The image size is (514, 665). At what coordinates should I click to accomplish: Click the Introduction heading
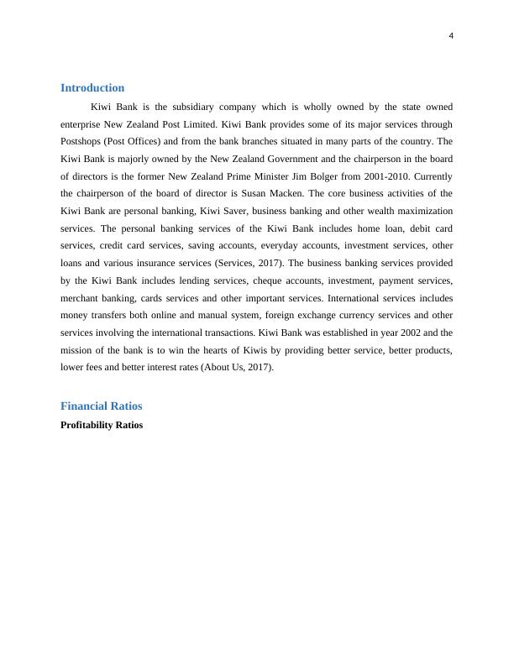(92, 88)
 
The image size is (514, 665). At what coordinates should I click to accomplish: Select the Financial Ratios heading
(102, 406)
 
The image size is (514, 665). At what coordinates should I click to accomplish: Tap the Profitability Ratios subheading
(102, 425)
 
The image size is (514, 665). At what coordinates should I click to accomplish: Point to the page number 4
(451, 35)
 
